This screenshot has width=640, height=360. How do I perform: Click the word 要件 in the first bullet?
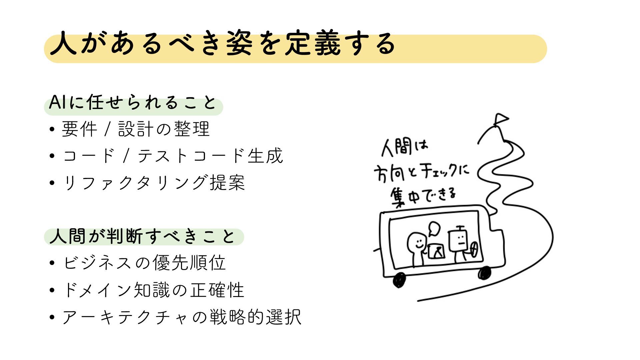[x=79, y=129]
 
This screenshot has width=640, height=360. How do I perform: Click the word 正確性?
[x=217, y=290]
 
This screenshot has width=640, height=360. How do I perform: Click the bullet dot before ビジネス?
[x=52, y=263]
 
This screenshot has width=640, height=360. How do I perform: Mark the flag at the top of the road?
[x=501, y=119]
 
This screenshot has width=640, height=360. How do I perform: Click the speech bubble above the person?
[x=434, y=228]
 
